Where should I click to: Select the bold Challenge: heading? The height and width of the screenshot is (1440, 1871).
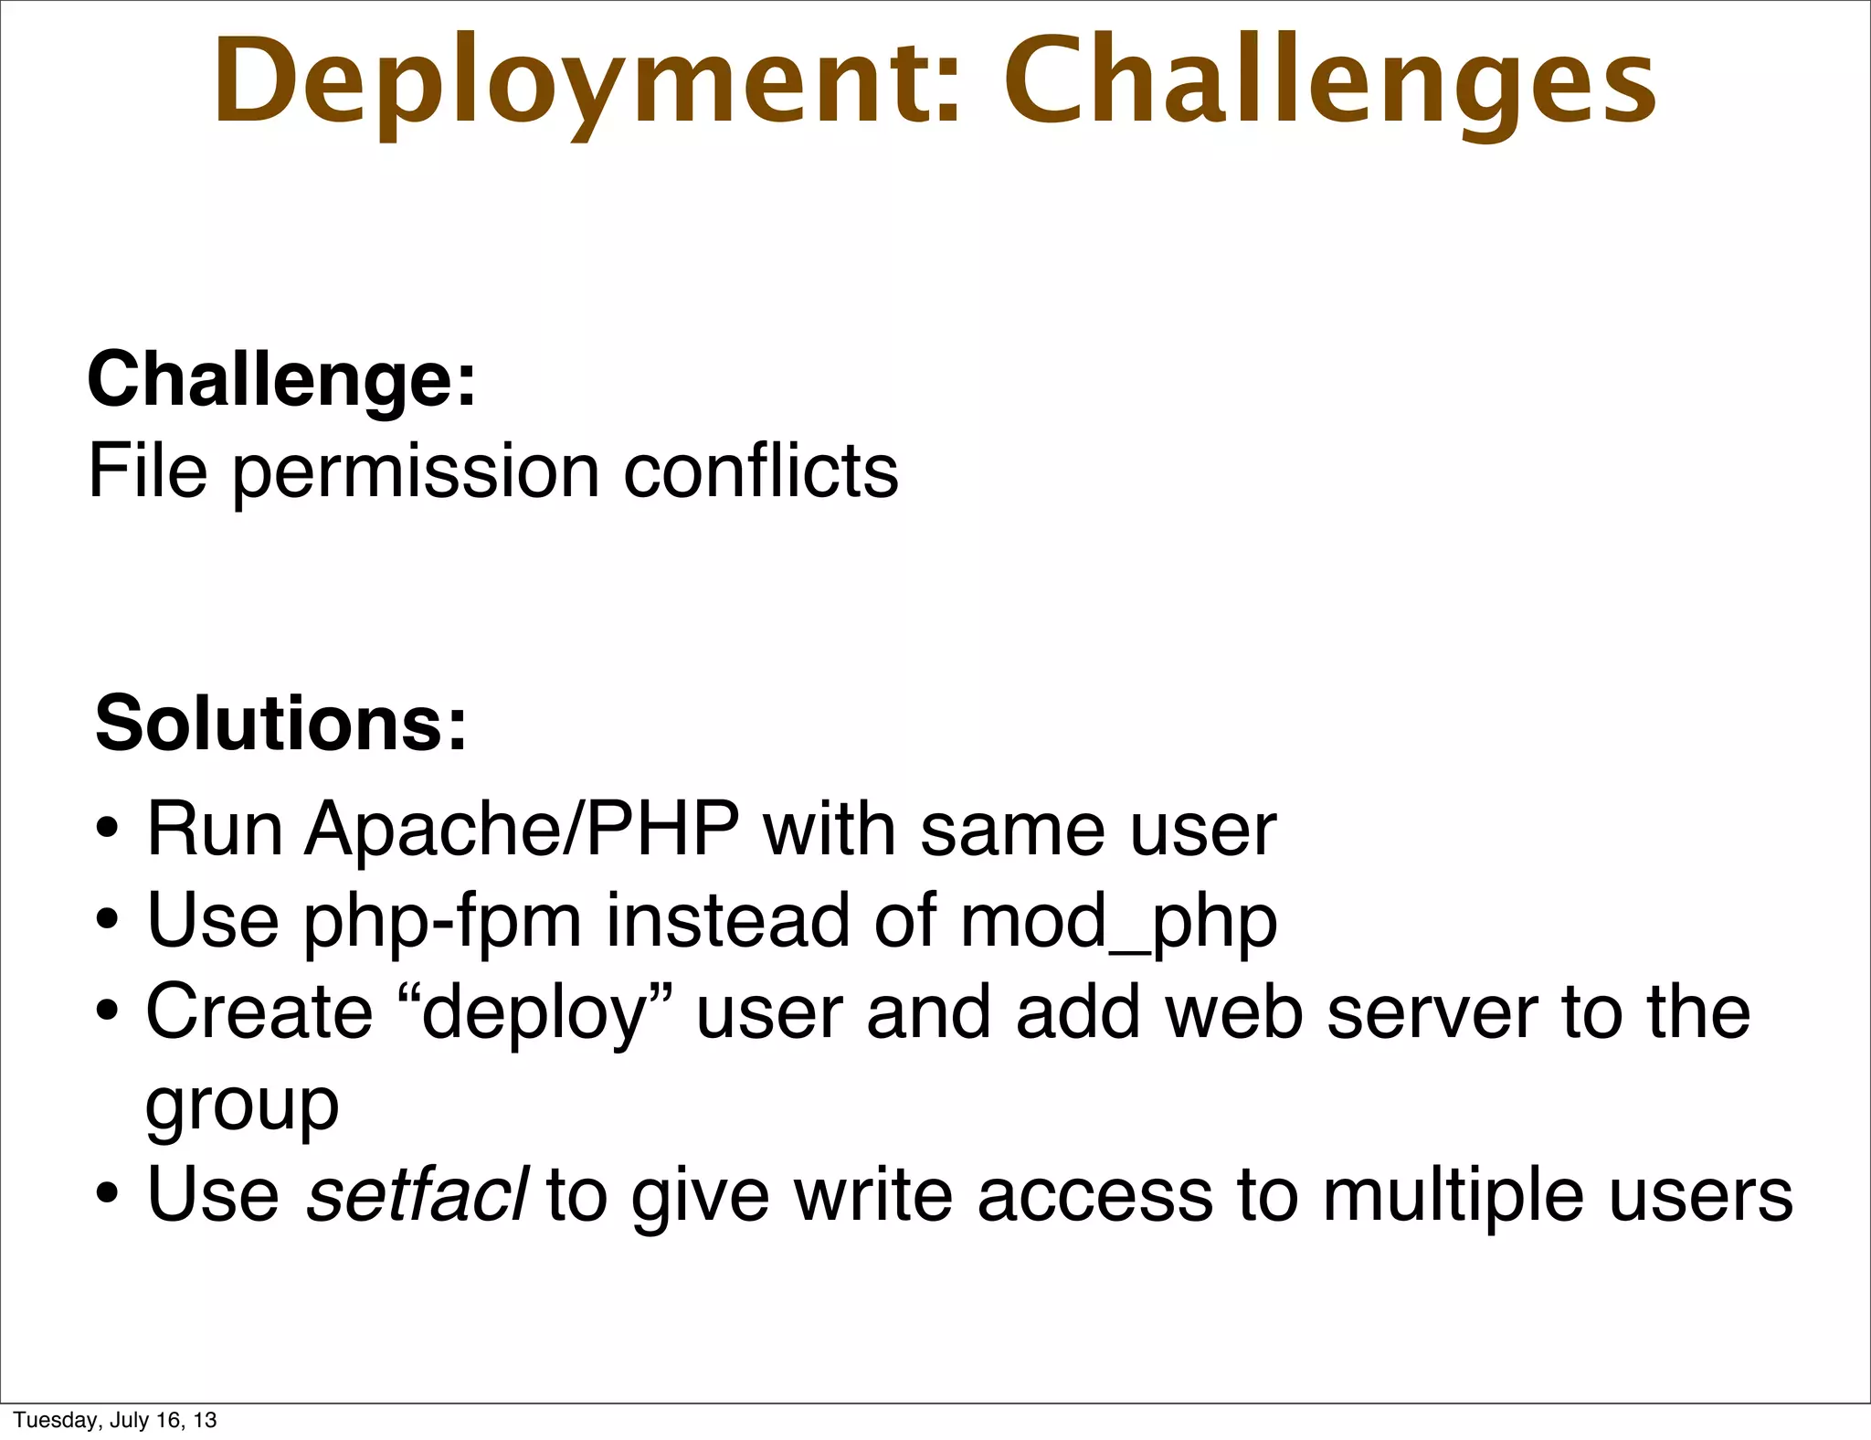[281, 378]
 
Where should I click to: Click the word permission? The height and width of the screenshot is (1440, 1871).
[417, 473]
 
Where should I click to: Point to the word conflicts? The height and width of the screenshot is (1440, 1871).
[760, 471]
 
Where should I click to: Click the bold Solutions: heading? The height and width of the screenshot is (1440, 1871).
[281, 723]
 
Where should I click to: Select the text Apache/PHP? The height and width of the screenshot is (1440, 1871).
[522, 830]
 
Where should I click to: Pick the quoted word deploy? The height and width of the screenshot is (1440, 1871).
[534, 1014]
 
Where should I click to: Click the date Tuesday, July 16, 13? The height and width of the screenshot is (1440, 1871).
[115, 1419]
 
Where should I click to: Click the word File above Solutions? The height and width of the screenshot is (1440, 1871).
[147, 471]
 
